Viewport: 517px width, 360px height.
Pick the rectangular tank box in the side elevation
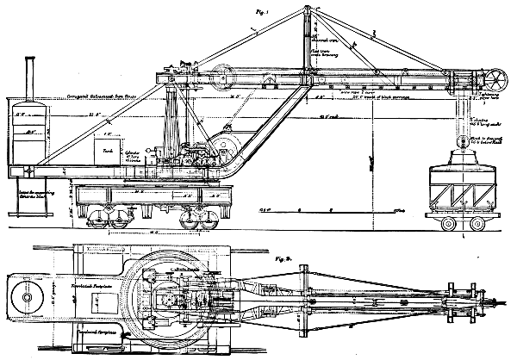click(x=113, y=153)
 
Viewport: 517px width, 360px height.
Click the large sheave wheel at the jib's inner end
click(x=227, y=76)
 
